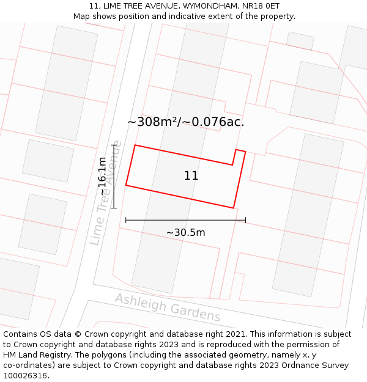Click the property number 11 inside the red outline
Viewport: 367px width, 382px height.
[191, 176]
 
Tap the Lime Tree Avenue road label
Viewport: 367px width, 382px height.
[106, 193]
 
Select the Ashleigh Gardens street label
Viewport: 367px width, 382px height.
[168, 307]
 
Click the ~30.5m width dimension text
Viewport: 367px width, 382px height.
[186, 232]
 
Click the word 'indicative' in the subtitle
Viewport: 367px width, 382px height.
[204, 16]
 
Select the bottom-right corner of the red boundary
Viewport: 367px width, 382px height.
[234, 208]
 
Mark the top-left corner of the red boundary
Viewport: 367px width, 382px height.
[135, 145]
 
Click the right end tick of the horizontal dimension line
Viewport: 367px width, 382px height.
[245, 220]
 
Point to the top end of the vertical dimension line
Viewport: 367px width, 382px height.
[114, 145]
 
